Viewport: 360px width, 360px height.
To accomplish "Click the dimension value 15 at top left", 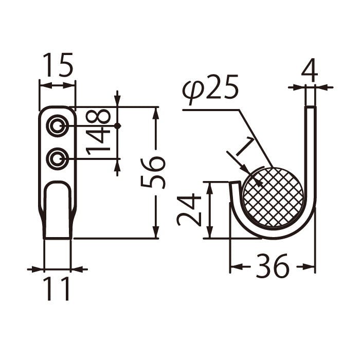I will pyautogui.click(x=58, y=65).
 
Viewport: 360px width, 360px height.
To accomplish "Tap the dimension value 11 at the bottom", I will pyautogui.click(x=57, y=290).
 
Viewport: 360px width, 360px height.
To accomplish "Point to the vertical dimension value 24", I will pyautogui.click(x=189, y=210).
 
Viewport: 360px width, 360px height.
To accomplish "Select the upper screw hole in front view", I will pyautogui.click(x=57, y=126).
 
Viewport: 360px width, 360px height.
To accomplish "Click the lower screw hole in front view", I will pyautogui.click(x=57, y=159).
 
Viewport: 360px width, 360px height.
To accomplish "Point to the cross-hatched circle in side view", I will pyautogui.click(x=273, y=197).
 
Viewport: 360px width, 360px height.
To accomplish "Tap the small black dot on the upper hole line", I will pyautogui.click(x=118, y=126).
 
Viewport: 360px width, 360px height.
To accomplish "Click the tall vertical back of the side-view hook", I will pyautogui.click(x=311, y=154).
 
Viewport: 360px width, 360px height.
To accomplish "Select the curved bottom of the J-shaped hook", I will pyautogui.click(x=273, y=235).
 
